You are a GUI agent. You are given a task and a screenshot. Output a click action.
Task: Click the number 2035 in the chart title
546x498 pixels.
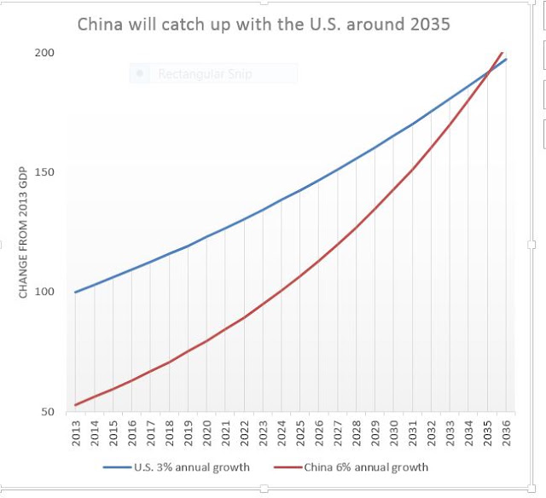point(430,25)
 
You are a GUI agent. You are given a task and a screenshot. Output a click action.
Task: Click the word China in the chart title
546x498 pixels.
point(101,25)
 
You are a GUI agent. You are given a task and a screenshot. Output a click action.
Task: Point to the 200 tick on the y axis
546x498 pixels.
point(44,53)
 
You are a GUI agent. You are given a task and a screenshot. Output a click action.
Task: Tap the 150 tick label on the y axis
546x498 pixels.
point(44,172)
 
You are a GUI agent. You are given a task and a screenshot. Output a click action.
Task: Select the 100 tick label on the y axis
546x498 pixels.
point(44,292)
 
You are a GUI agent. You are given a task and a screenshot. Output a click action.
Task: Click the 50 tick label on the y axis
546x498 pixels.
point(48,412)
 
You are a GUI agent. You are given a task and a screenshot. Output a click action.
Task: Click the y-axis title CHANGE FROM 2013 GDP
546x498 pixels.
point(23,233)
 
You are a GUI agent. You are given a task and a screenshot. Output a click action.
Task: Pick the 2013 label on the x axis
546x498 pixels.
point(76,433)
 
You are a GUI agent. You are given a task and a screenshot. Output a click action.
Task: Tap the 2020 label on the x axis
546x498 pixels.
point(206,433)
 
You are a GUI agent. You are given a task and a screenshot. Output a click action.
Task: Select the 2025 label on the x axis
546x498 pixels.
point(300,433)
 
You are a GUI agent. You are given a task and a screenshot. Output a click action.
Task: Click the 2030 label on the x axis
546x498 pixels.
point(394,433)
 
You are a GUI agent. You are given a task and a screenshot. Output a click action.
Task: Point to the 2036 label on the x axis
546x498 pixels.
point(506,433)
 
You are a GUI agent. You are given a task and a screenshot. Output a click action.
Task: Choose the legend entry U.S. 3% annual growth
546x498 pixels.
point(177,467)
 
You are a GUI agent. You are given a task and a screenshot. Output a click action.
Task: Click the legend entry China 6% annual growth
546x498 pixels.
point(351,467)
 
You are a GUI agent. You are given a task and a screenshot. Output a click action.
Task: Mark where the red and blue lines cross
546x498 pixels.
point(489,72)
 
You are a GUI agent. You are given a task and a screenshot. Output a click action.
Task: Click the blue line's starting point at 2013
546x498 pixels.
point(76,292)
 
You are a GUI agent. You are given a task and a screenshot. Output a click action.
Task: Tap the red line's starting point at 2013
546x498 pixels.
point(76,405)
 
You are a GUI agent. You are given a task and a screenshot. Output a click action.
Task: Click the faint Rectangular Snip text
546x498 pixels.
point(205,74)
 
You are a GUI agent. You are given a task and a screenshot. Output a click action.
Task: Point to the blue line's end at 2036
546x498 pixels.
point(506,60)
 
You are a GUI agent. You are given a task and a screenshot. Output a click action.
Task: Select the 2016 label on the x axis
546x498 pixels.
point(132,433)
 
